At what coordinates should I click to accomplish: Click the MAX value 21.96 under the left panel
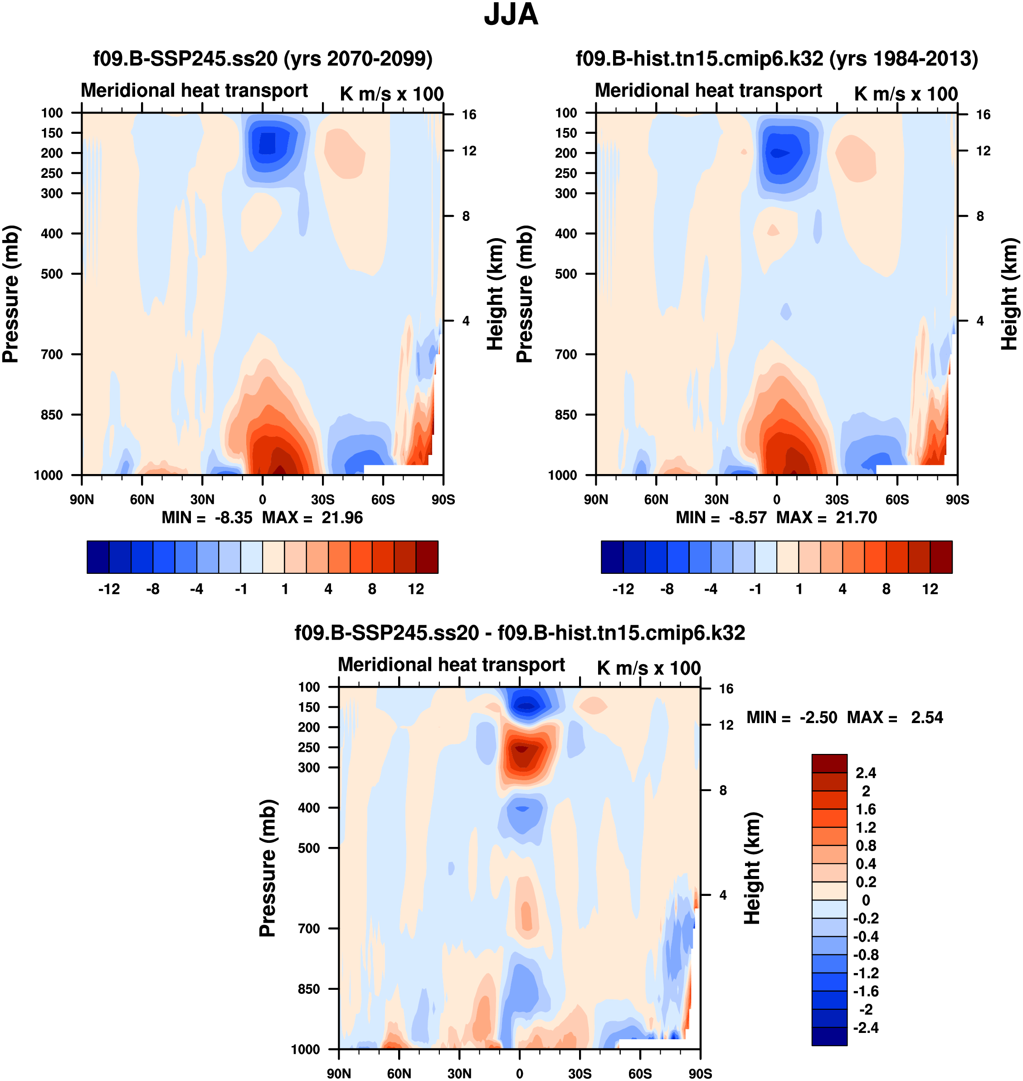[342, 518]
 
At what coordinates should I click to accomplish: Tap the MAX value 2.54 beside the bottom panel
[926, 717]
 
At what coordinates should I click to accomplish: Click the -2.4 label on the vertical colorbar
[865, 1027]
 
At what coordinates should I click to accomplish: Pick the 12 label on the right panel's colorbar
[930, 589]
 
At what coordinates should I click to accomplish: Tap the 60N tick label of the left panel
[142, 499]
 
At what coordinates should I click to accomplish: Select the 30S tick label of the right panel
[837, 499]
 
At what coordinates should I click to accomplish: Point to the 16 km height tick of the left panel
[469, 114]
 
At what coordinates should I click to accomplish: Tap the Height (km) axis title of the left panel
[494, 294]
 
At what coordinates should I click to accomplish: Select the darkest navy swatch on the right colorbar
[612, 557]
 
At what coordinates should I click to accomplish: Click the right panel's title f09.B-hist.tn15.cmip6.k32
[776, 59]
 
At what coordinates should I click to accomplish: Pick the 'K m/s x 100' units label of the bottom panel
[648, 668]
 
